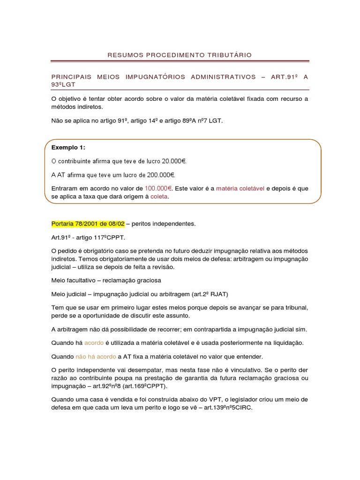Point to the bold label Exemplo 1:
pos(68,148)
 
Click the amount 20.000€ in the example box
pos(174,161)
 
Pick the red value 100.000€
pos(158,188)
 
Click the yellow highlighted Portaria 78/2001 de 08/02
pos(87,224)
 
